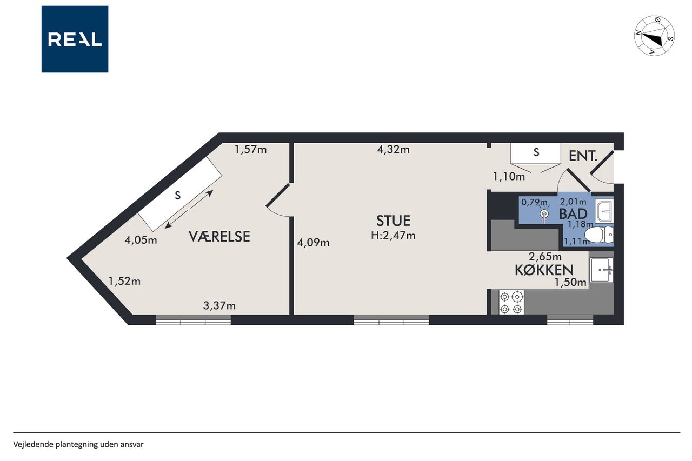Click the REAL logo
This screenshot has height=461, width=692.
(75, 39)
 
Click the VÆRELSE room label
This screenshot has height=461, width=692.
(219, 237)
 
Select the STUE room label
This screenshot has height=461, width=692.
(393, 221)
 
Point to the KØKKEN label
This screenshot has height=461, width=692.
(544, 270)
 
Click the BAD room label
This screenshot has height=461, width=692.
(574, 214)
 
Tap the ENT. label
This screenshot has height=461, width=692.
(583, 156)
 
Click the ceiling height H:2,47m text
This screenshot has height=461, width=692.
(393, 236)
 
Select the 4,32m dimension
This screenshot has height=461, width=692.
(393, 150)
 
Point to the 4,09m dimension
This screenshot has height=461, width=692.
(313, 243)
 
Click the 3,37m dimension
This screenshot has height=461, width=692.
(219, 306)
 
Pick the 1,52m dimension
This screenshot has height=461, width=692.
(124, 281)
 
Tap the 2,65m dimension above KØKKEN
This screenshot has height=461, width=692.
(545, 257)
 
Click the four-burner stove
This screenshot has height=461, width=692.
(511, 302)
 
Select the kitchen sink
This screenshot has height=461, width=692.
(602, 270)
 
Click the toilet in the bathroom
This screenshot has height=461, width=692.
(598, 235)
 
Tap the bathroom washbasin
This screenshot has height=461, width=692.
(604, 211)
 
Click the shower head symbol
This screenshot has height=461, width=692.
(544, 215)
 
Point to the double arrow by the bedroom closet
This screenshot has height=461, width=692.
(189, 209)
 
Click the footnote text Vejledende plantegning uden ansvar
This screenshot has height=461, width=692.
(78, 445)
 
